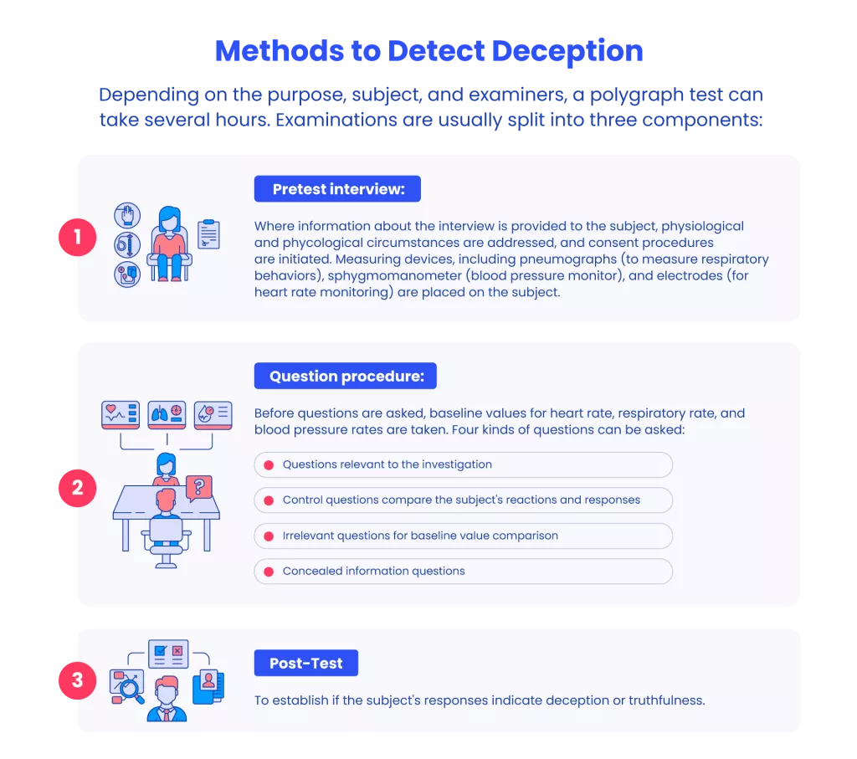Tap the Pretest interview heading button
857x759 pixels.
[337, 188]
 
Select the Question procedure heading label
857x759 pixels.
[346, 376]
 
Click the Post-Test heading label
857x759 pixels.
[306, 663]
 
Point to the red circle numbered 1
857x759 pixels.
[78, 237]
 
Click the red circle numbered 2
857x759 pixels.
[78, 488]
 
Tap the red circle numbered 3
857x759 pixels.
[78, 680]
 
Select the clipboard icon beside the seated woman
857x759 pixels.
[208, 233]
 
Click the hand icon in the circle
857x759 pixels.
[127, 215]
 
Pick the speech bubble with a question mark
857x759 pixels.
[199, 487]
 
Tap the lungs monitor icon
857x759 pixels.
[167, 414]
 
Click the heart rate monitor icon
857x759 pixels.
[121, 414]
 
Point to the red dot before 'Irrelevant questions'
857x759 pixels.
[269, 536]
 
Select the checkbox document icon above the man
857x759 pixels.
[168, 654]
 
